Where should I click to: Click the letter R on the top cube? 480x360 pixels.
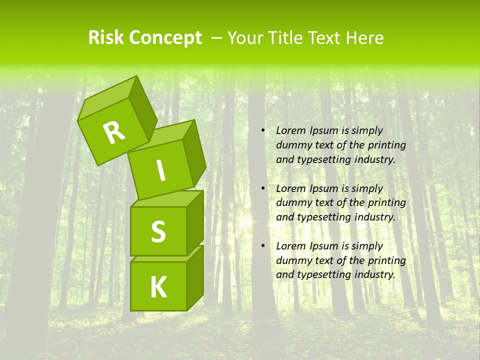(114, 132)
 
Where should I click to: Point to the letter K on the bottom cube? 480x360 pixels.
(158, 287)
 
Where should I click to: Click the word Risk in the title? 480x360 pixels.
(106, 38)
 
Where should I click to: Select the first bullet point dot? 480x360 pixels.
(263, 130)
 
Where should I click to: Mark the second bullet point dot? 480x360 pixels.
(263, 188)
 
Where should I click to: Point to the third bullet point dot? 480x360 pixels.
(263, 246)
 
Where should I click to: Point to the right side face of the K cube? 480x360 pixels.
(195, 277)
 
